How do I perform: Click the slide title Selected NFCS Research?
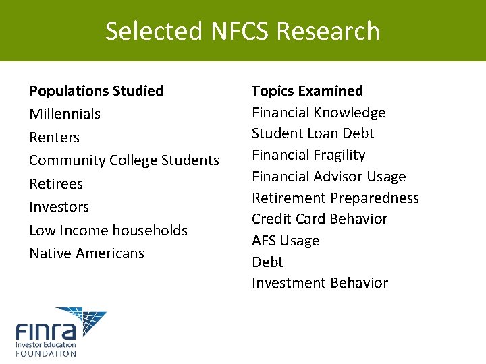click(242, 31)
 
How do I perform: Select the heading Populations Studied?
click(96, 91)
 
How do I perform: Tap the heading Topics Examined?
click(307, 91)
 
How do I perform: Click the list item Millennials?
click(65, 114)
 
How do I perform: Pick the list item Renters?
click(54, 138)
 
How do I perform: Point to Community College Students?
click(124, 160)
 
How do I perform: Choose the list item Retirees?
click(56, 184)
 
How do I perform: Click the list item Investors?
click(59, 207)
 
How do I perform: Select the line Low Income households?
click(108, 231)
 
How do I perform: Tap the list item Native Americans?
click(86, 253)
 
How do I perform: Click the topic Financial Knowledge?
click(319, 113)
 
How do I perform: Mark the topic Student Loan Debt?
click(313, 133)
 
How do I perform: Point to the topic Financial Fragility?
click(308, 155)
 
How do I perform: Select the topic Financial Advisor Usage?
click(329, 177)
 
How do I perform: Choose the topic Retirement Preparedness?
click(335, 198)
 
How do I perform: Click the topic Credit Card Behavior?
click(319, 219)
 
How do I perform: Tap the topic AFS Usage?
click(286, 241)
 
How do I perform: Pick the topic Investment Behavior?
click(320, 283)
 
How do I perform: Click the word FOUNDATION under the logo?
click(46, 353)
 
